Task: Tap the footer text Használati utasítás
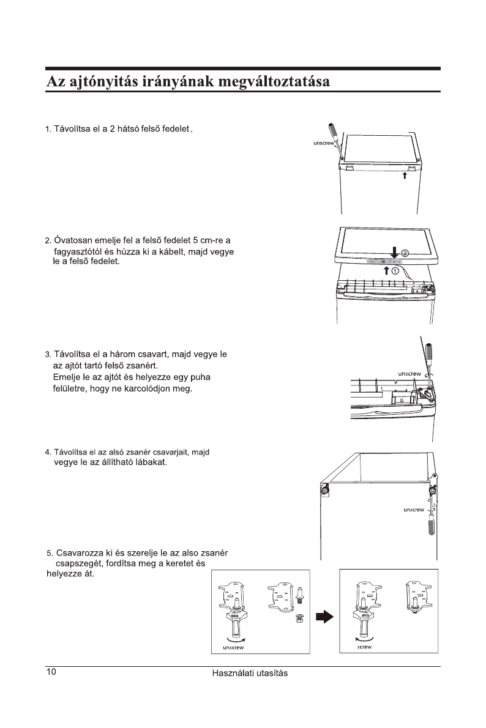[x=250, y=673]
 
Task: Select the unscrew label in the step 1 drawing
[x=323, y=144]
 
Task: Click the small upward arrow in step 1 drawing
[x=405, y=176]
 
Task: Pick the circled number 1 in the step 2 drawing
[x=396, y=269]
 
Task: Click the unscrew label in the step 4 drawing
[x=414, y=509]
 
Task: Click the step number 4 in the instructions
[x=47, y=452]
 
